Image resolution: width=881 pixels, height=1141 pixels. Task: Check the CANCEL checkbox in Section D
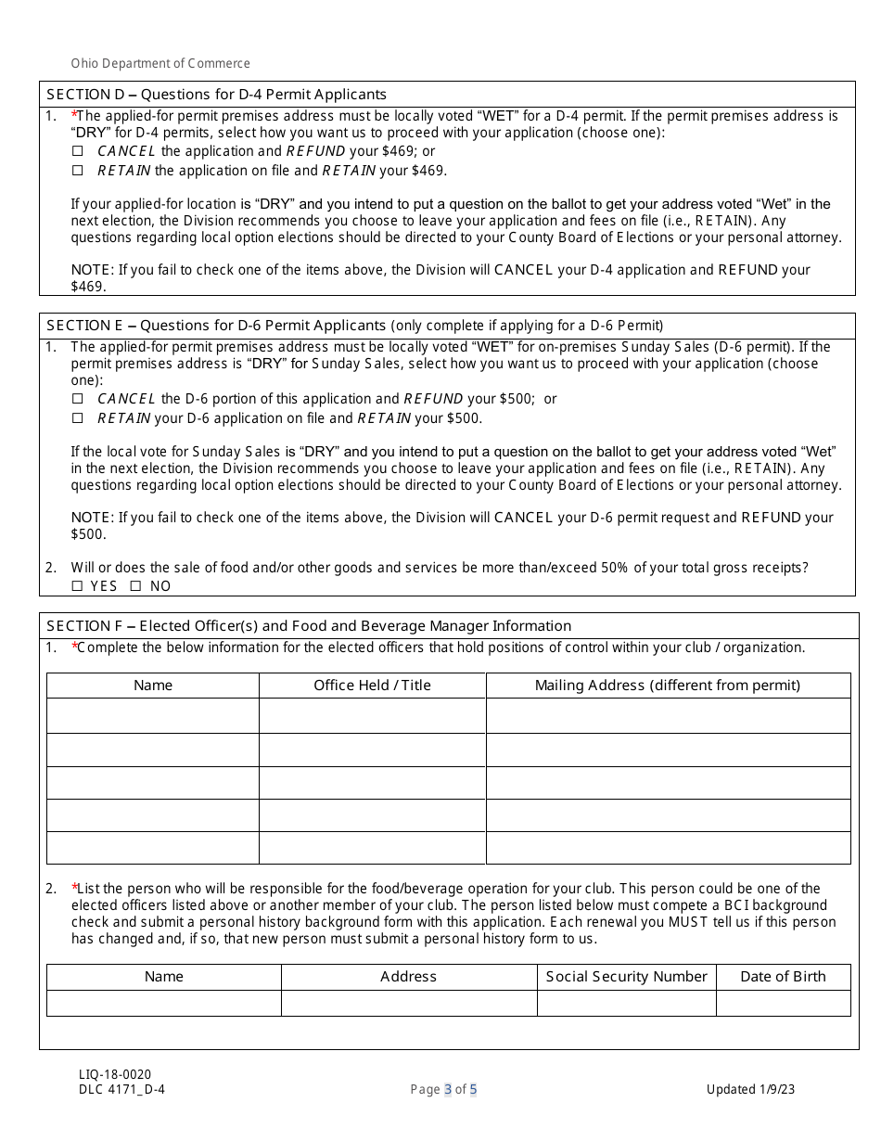(x=78, y=151)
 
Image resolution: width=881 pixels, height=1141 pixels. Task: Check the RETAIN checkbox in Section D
(x=78, y=171)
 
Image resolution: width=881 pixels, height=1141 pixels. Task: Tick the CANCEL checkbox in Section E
(x=78, y=399)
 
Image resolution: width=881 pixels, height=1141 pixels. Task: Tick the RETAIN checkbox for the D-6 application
(x=78, y=418)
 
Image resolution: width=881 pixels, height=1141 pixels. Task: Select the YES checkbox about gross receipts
(x=78, y=586)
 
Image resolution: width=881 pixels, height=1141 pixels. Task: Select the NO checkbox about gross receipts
(x=135, y=586)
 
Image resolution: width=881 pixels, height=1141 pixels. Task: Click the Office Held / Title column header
(x=372, y=686)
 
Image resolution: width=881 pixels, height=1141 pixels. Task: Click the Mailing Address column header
(x=668, y=686)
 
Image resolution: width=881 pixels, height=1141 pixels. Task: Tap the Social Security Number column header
(x=626, y=977)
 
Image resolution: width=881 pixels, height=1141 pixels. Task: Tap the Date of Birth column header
(x=783, y=977)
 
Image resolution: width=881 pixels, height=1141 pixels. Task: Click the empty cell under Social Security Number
(x=626, y=1003)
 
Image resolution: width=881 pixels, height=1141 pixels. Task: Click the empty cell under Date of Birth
(x=783, y=1003)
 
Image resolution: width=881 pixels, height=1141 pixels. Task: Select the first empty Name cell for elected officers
(x=153, y=716)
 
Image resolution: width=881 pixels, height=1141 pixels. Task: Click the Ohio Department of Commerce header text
(x=160, y=64)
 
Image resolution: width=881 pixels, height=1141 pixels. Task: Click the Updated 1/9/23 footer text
(x=750, y=1090)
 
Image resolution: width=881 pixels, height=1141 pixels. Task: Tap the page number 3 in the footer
(x=448, y=1090)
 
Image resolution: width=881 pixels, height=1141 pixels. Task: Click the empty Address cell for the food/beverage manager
(x=408, y=1003)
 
